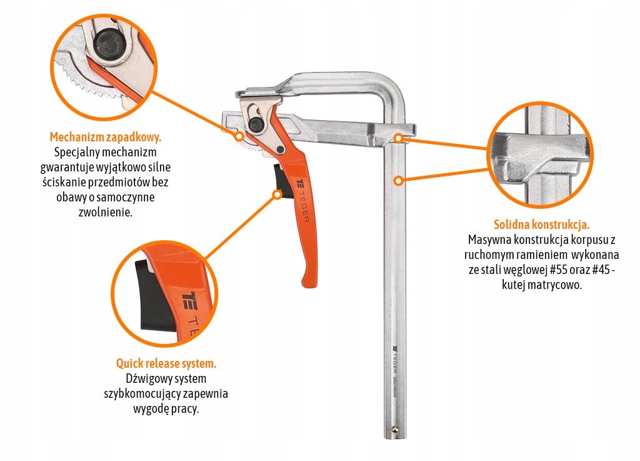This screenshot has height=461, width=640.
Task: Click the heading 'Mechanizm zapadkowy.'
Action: (105, 137)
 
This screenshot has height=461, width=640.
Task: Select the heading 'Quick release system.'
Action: (166, 363)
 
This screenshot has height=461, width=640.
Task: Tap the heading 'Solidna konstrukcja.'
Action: (542, 224)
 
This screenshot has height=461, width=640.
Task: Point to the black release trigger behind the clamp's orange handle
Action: (282, 181)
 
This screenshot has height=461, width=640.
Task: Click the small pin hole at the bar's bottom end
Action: (395, 428)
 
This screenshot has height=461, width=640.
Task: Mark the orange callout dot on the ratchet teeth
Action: (239, 136)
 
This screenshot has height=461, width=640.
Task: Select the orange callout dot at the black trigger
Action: (277, 195)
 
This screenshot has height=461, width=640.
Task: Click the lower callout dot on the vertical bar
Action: (399, 180)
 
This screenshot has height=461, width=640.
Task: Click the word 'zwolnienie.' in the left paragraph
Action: (105, 212)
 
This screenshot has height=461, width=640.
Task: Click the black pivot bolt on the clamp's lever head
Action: (256, 124)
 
